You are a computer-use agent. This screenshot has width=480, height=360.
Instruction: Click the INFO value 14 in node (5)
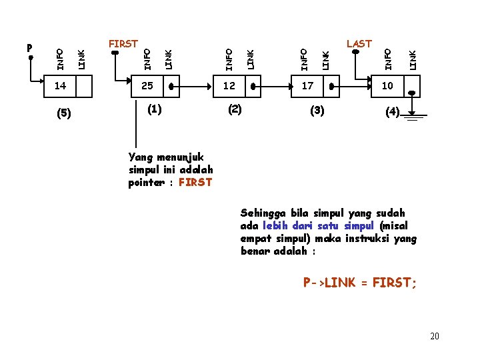(x=60, y=86)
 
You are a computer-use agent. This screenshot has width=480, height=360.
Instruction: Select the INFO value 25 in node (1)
(x=147, y=86)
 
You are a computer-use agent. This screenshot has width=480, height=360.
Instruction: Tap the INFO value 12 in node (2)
(x=229, y=86)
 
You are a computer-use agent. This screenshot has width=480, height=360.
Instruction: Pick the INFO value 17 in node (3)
(x=307, y=86)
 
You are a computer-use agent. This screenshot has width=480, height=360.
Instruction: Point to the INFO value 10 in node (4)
(x=387, y=86)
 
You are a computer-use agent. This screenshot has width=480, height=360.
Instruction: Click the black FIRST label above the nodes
(x=123, y=44)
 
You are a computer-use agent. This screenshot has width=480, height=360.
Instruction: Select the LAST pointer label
(x=359, y=44)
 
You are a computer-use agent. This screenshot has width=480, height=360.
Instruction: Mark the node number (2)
(x=234, y=109)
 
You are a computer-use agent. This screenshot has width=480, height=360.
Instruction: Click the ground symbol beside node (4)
(x=417, y=118)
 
